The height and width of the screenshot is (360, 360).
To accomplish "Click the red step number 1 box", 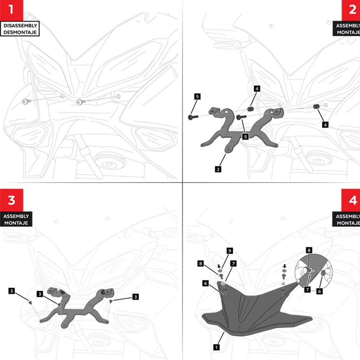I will (11, 10).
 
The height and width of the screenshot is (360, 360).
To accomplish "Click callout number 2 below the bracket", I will (218, 168).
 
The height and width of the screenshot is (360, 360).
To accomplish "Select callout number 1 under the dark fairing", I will (216, 347).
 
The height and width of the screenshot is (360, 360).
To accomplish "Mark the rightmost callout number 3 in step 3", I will (135, 297).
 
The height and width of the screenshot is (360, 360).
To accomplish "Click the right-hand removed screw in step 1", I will (80, 102).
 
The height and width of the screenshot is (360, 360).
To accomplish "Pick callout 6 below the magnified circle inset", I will (319, 292).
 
